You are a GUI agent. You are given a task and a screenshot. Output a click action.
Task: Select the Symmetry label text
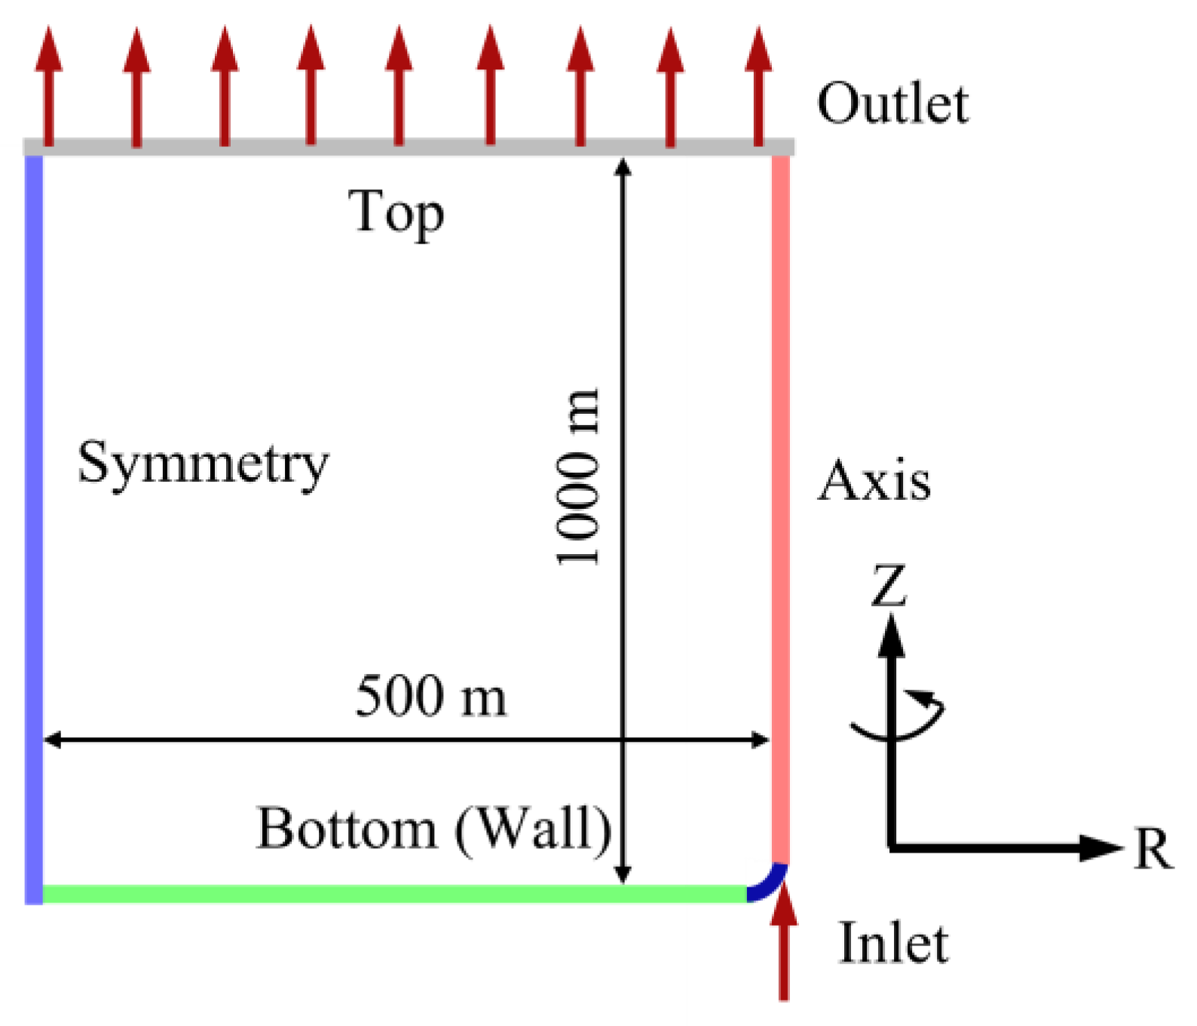[204, 464]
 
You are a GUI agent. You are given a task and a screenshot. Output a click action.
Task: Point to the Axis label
[874, 481]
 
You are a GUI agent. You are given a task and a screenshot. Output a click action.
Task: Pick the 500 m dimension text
[431, 696]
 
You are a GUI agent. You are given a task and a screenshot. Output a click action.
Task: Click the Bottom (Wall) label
[434, 829]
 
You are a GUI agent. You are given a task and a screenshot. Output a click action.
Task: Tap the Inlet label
[893, 943]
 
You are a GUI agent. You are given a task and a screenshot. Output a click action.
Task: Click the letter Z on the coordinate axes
[889, 586]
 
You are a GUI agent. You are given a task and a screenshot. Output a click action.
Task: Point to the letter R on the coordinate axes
[1153, 850]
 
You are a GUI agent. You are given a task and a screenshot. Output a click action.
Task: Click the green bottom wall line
[392, 894]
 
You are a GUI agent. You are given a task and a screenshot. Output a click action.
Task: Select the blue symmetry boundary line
[34, 528]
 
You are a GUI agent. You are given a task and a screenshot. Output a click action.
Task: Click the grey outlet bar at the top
[407, 147]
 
